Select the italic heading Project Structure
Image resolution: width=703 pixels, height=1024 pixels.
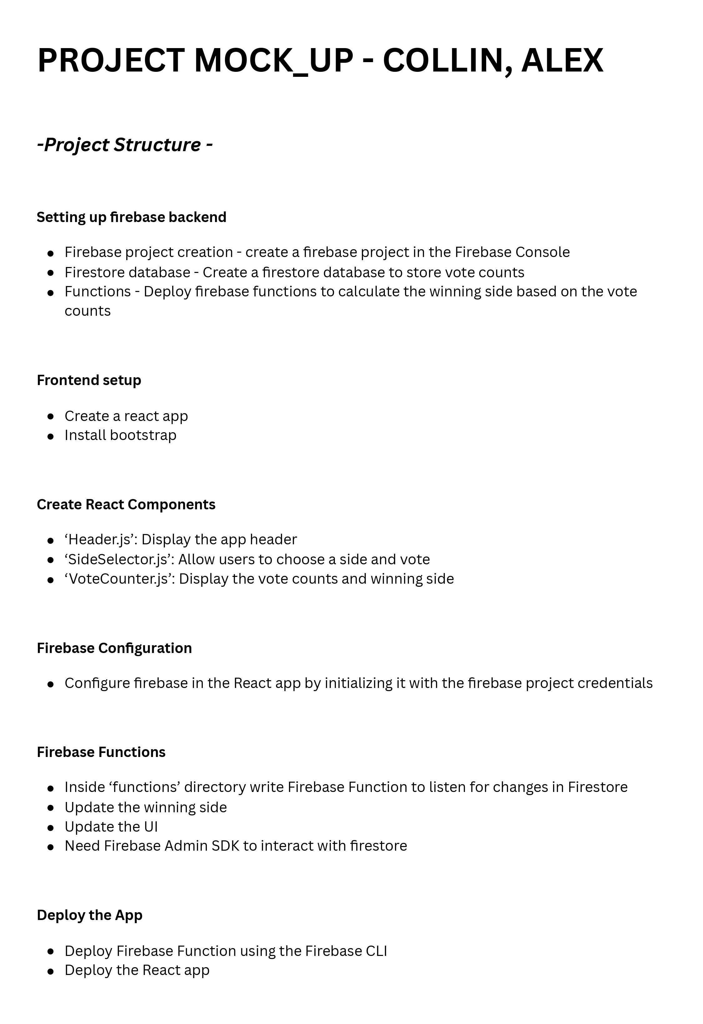(x=125, y=145)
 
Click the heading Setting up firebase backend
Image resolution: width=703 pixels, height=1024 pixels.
(x=131, y=217)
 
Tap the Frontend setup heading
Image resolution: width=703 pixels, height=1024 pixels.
(x=89, y=380)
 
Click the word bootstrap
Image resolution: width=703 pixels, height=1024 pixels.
(x=143, y=435)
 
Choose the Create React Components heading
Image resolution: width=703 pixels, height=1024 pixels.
(x=126, y=505)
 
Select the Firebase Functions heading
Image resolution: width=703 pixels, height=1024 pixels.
(x=101, y=752)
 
